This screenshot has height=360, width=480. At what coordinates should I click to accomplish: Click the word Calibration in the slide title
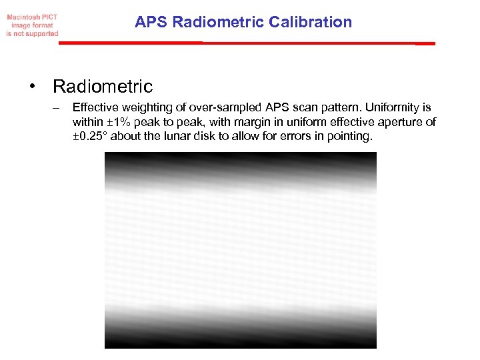pyautogui.click(x=311, y=22)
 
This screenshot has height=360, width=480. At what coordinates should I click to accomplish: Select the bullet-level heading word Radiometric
pyautogui.click(x=103, y=87)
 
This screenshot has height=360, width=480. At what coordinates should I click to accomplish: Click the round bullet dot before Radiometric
pyautogui.click(x=31, y=87)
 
